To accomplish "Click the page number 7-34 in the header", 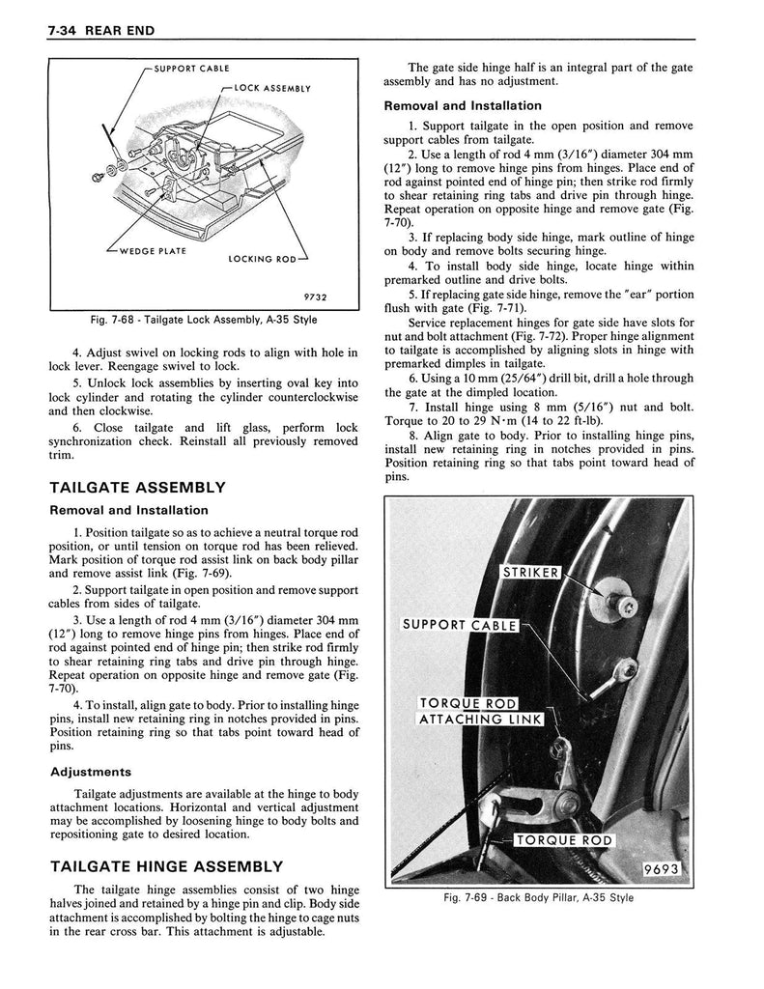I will pos(64,31).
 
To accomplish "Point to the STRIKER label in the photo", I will pos(530,573).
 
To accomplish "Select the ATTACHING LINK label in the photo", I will pos(480,719).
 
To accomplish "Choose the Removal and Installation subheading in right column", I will pos(463,105).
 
